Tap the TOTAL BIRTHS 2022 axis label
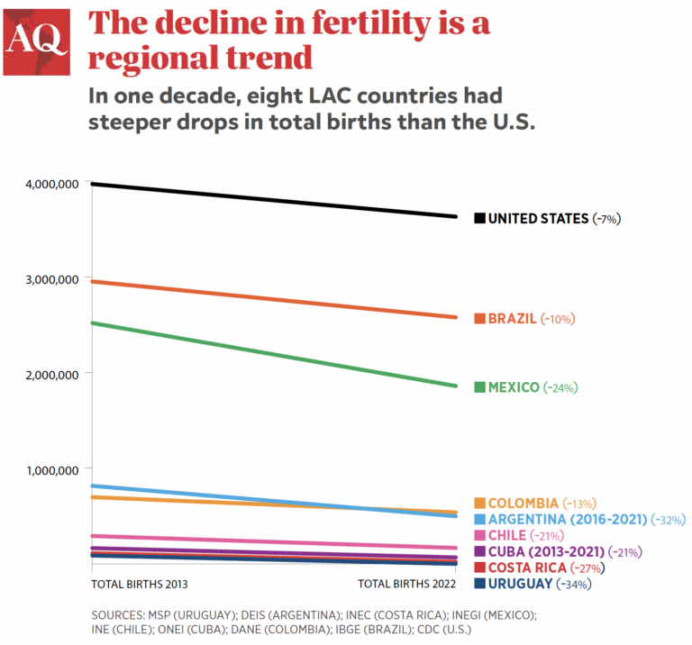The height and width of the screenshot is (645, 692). tap(407, 585)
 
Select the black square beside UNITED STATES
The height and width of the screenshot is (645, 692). tap(479, 218)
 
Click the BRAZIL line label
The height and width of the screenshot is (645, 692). tap(512, 319)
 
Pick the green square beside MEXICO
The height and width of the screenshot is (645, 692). tap(479, 387)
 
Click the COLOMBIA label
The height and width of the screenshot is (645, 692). tap(523, 503)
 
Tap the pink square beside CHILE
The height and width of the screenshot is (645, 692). tap(479, 535)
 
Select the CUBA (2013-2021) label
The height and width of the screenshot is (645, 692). tap(546, 551)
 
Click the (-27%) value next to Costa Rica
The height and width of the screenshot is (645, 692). tap(587, 568)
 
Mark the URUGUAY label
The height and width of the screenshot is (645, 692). tap(519, 584)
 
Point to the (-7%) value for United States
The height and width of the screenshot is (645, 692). tap(607, 218)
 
